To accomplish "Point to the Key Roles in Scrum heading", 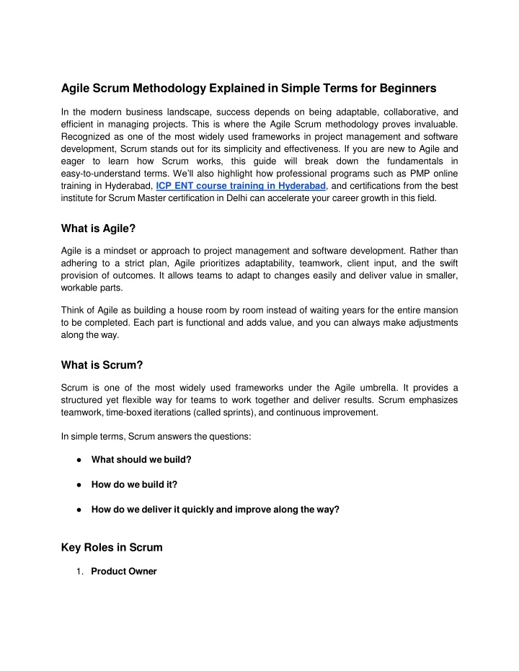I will point(112,547).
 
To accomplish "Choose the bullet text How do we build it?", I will point(135,484).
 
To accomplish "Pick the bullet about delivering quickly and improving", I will point(215,509).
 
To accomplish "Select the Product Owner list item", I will point(123,572).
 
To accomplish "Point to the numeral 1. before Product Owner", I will point(81,572).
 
